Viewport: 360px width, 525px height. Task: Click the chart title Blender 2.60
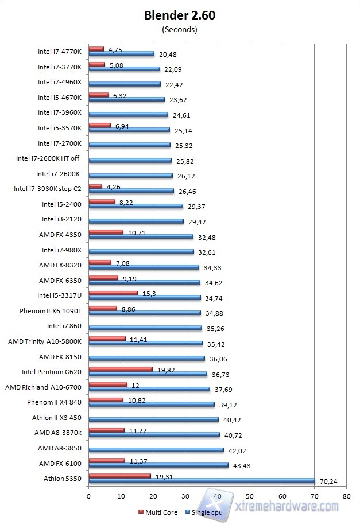(180, 16)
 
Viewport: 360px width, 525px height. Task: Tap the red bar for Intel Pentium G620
(121, 369)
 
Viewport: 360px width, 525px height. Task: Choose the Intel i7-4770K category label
(60, 52)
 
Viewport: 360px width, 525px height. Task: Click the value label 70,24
(328, 482)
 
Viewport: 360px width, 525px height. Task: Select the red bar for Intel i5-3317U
(113, 293)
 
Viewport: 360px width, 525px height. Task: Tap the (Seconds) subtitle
(180, 29)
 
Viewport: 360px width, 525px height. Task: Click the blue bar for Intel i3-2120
(136, 221)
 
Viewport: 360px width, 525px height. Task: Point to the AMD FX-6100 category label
(60, 463)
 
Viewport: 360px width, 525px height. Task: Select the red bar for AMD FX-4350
(106, 232)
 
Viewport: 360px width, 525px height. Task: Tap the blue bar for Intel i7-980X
(141, 251)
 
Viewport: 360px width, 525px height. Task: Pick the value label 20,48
(167, 55)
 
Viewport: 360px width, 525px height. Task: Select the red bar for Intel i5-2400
(102, 201)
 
